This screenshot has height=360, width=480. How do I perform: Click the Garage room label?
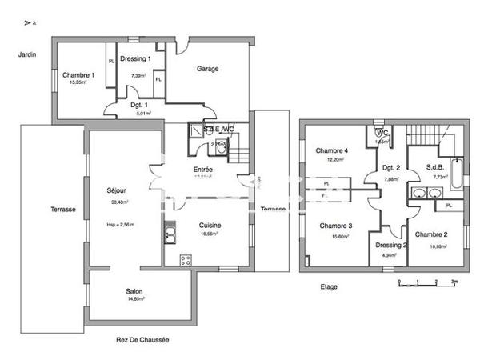(x=208, y=69)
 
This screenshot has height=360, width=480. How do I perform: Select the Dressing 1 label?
(x=135, y=58)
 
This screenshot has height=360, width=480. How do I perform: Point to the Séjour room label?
(x=117, y=190)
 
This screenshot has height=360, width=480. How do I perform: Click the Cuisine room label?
(x=210, y=226)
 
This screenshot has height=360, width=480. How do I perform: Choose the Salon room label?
(x=134, y=291)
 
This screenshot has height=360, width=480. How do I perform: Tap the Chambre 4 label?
(x=331, y=151)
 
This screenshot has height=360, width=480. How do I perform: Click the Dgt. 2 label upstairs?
(x=390, y=167)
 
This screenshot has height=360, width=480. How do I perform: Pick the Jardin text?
(x=29, y=54)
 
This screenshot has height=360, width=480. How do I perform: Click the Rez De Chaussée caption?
(x=142, y=339)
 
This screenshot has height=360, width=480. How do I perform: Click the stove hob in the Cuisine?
(x=185, y=259)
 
